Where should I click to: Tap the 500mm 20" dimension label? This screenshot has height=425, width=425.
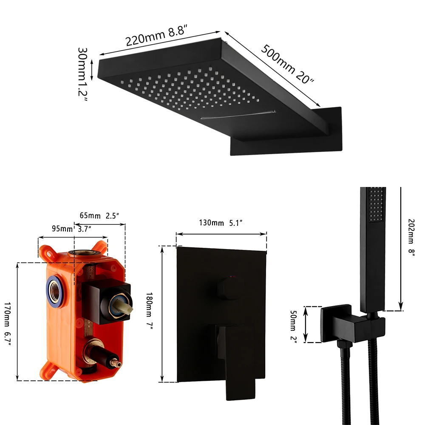pyautogui.click(x=287, y=63)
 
